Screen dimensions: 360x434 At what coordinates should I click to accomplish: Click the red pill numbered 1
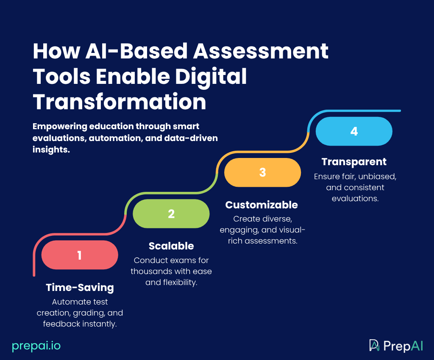coord(80,255)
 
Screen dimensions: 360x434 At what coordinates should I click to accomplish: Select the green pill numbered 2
coord(171,214)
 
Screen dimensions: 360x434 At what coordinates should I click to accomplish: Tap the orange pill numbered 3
coord(262,172)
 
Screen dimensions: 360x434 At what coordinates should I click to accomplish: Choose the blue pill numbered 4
coord(354,131)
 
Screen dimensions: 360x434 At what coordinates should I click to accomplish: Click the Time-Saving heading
coord(80,288)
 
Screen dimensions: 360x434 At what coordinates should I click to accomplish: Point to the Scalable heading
coord(171,246)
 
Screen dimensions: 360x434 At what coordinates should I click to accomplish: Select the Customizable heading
coord(262,205)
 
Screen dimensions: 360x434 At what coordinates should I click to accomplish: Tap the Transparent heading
coord(354,162)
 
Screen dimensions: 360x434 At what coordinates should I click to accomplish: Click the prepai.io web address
coord(36,346)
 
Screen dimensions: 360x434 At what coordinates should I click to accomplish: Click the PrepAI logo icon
coord(374,345)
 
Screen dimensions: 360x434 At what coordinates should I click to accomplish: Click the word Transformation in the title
coord(120,102)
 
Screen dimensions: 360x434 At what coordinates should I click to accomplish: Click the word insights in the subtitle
coord(51,149)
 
